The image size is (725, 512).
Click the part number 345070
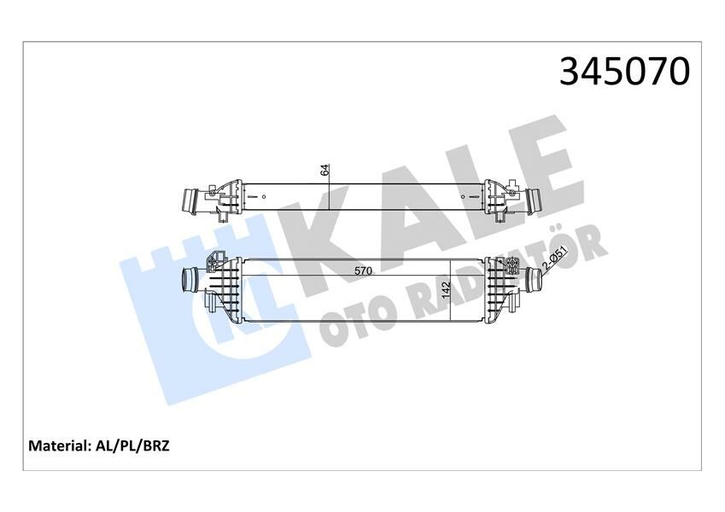[x=623, y=73]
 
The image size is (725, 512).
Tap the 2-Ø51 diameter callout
[x=556, y=260]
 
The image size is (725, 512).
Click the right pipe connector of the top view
[x=535, y=201]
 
